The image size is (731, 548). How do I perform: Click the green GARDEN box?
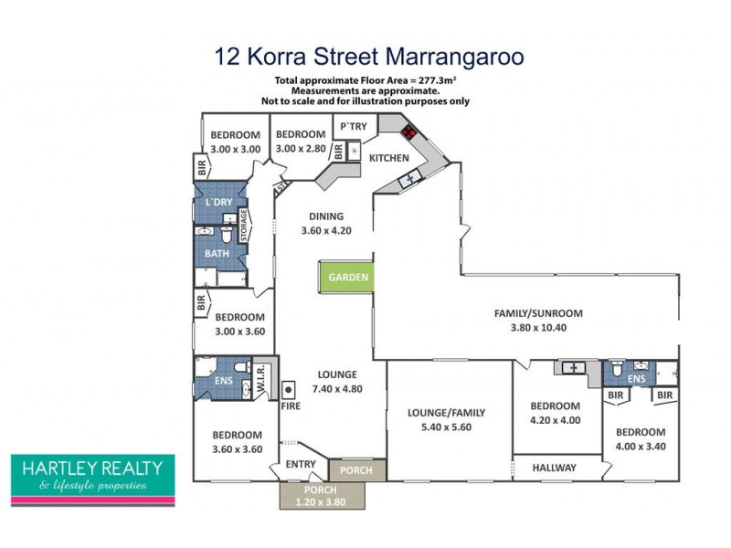[x=346, y=277]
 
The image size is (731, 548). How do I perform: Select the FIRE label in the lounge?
[x=290, y=405]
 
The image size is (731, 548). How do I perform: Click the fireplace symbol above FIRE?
[x=289, y=388]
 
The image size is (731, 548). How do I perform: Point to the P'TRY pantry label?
[x=353, y=126]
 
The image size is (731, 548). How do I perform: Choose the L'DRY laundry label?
[x=218, y=201]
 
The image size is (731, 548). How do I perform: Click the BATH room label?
[x=217, y=253]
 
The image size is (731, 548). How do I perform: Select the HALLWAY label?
[x=555, y=468]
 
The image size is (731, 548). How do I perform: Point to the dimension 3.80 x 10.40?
[x=538, y=326]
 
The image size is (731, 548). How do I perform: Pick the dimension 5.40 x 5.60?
[x=446, y=426]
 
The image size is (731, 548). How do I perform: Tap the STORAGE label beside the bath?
[x=245, y=227]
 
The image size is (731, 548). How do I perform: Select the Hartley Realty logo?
[x=91, y=479]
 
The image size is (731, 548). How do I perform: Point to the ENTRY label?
[x=301, y=465]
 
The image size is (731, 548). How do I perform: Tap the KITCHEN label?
[x=388, y=158]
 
